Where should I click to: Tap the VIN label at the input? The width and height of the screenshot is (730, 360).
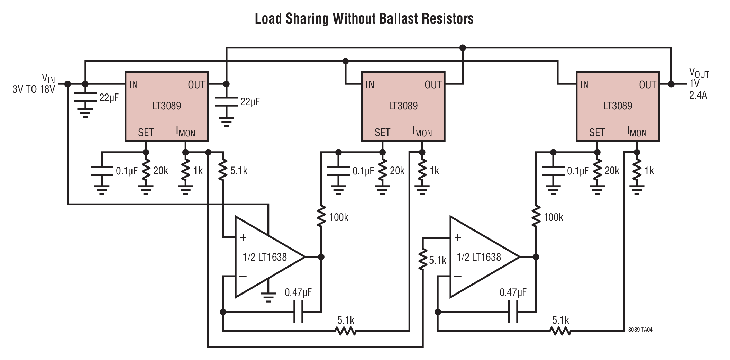(x=48, y=79)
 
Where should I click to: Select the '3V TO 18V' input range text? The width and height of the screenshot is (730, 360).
(x=34, y=90)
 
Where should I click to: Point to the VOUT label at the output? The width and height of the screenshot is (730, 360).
(x=699, y=73)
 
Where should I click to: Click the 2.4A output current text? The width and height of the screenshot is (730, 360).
(x=698, y=95)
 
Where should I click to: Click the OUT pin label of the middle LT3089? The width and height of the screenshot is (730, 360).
(x=433, y=85)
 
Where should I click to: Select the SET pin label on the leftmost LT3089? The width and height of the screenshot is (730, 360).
(x=146, y=133)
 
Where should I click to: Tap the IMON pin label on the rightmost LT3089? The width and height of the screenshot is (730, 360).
(x=637, y=132)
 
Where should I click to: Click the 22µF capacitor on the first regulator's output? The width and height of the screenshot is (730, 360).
(x=226, y=102)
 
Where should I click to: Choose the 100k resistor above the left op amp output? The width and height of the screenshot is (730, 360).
(x=321, y=217)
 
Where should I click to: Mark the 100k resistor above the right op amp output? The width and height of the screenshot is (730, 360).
(x=536, y=217)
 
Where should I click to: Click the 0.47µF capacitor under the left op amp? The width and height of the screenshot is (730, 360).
(x=298, y=312)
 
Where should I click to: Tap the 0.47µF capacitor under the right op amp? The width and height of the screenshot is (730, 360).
(x=513, y=312)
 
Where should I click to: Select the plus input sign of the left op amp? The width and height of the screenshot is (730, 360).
(x=243, y=238)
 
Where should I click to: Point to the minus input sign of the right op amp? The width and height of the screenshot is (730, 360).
(x=458, y=276)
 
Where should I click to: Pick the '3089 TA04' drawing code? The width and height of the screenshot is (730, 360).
(x=640, y=330)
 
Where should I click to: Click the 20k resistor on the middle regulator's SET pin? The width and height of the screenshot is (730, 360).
(x=382, y=171)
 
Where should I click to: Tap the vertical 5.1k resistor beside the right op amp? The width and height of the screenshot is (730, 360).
(x=422, y=260)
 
